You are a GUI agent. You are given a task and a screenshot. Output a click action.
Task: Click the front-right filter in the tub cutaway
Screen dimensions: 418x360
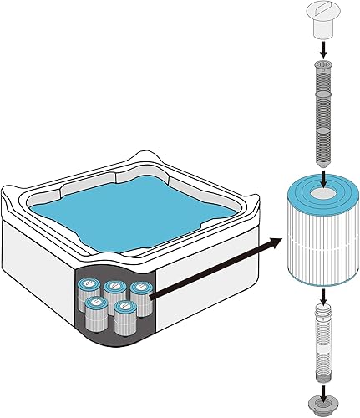(x=126, y=318)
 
